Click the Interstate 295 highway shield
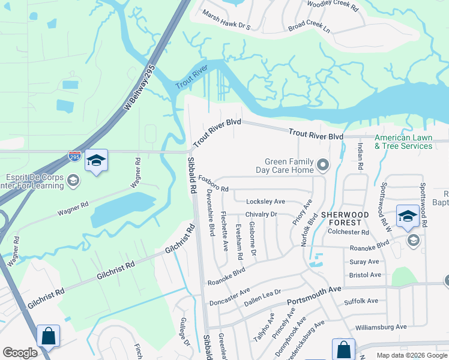pos(74,156)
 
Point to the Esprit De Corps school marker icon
pos(73,180)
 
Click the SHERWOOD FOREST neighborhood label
pos(345,219)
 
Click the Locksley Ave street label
pos(266,202)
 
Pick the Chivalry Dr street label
pos(261,214)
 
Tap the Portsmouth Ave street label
pos(313,295)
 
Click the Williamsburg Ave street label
pos(381,327)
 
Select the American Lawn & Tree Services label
pos(403,142)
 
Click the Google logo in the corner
pos(20,353)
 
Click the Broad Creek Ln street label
pos(309,28)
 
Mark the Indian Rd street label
pos(360,156)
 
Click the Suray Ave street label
pos(364,262)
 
